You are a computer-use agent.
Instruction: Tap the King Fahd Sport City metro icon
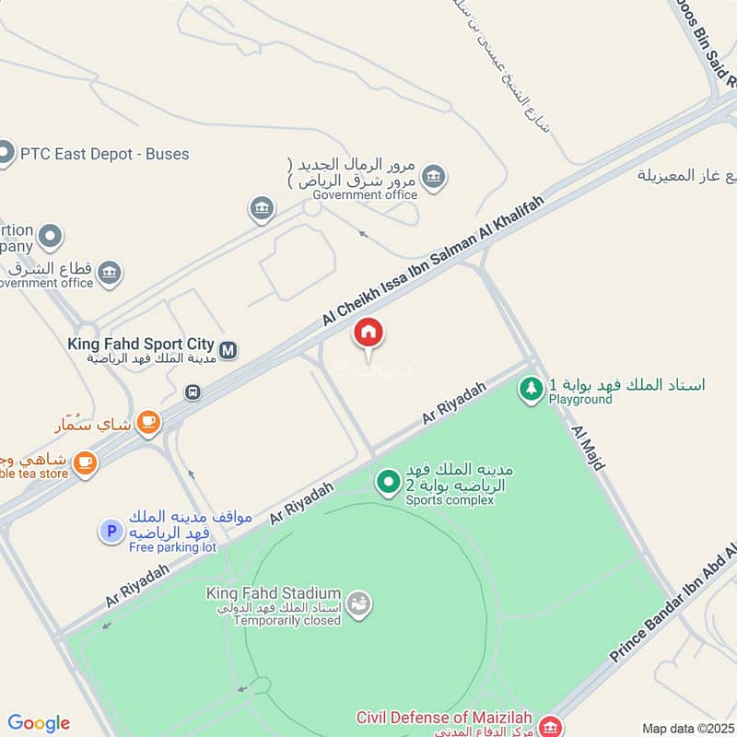pyautogui.click(x=228, y=350)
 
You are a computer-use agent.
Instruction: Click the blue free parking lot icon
pyautogui.click(x=111, y=531)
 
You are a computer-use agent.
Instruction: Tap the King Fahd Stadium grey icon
pyautogui.click(x=361, y=603)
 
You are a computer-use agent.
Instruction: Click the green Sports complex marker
pyautogui.click(x=388, y=481)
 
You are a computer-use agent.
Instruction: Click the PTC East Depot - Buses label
pyautogui.click(x=104, y=154)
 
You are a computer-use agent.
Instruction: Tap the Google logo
pyautogui.click(x=39, y=722)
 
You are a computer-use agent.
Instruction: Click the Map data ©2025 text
pyautogui.click(x=686, y=728)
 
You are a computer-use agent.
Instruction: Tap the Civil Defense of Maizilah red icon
pyautogui.click(x=551, y=727)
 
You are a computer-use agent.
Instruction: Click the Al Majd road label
pyautogui.click(x=588, y=449)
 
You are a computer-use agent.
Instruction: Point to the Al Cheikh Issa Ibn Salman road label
pyautogui.click(x=433, y=261)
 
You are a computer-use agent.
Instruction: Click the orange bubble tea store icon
pyautogui.click(x=86, y=462)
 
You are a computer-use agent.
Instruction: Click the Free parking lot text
pyautogui.click(x=172, y=547)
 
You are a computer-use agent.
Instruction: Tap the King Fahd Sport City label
pyautogui.click(x=140, y=344)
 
